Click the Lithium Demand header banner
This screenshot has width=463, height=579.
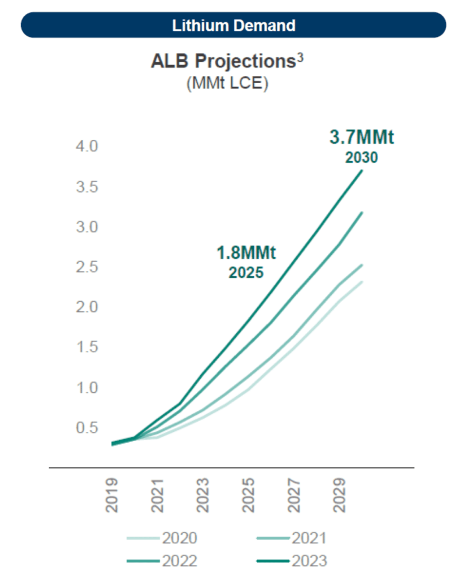tap(233, 25)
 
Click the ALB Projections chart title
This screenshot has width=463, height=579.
tap(223, 62)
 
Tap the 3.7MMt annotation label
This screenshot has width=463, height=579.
tap(361, 138)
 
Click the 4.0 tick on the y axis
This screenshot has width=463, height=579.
tap(86, 147)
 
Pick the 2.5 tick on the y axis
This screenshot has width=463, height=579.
tap(86, 267)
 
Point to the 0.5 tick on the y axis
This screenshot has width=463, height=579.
tap(86, 428)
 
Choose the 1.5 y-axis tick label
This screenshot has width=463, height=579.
tap(86, 348)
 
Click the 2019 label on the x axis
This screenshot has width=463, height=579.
tap(112, 496)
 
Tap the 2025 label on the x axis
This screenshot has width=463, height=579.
tap(249, 496)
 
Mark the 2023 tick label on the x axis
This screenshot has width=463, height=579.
tap(204, 496)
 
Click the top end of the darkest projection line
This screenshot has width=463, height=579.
tap(362, 170)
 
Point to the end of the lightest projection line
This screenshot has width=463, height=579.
tap(362, 282)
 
